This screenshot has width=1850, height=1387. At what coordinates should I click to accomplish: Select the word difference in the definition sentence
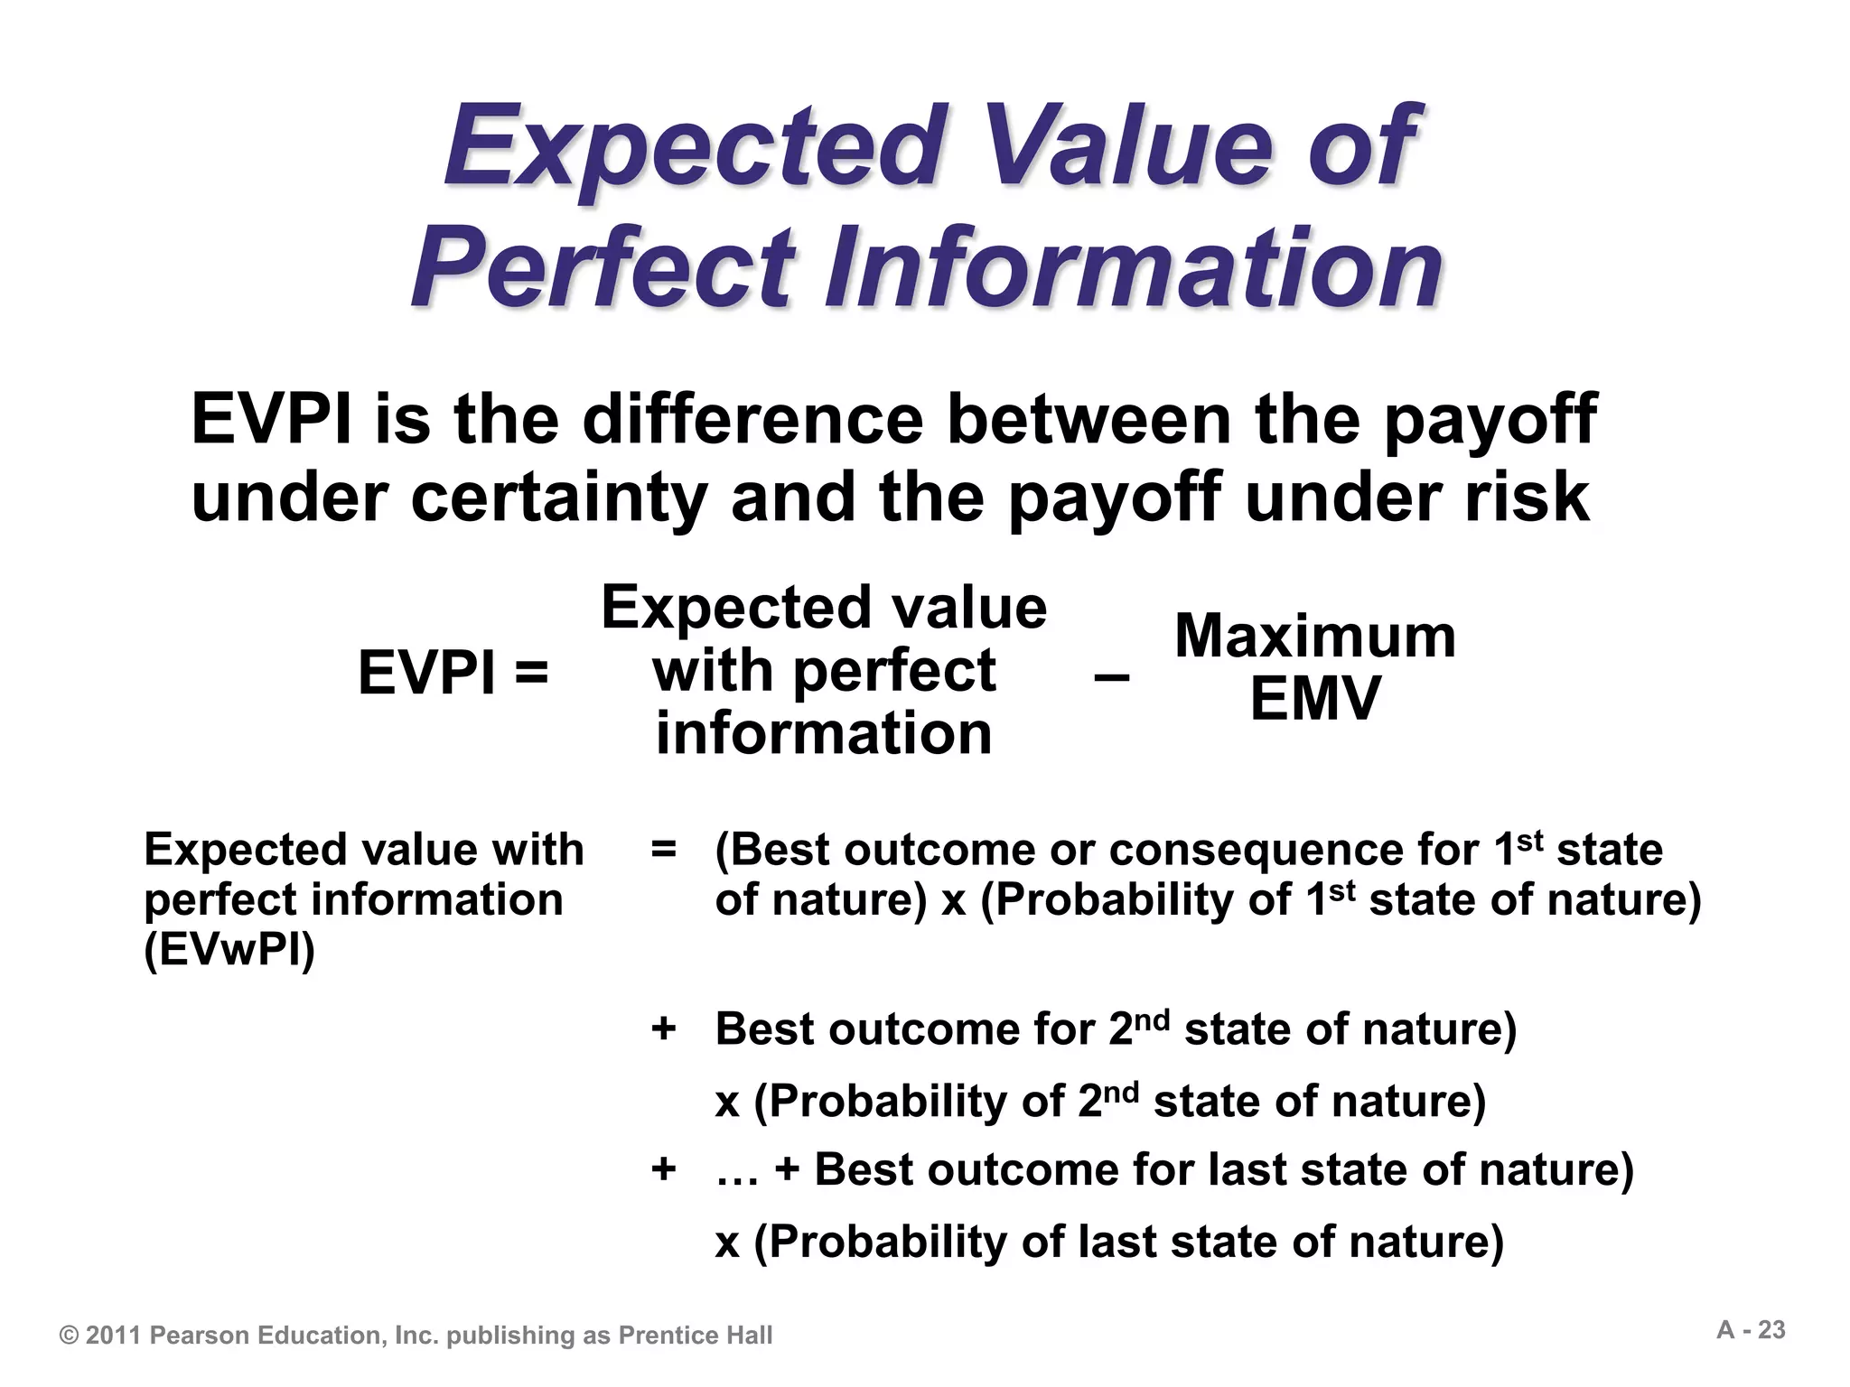(754, 421)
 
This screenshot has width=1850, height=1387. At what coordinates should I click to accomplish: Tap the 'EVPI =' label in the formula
(453, 674)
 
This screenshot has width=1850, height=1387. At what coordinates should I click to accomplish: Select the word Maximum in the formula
(1315, 637)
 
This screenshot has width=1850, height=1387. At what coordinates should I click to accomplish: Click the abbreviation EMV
(1315, 699)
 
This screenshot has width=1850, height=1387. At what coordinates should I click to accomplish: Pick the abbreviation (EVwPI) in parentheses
(229, 950)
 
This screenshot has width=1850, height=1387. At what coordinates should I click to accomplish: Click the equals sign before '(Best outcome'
(663, 849)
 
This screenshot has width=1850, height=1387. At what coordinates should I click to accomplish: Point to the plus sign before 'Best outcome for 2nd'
(663, 1029)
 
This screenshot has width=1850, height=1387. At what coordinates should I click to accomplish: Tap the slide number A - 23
(1751, 1330)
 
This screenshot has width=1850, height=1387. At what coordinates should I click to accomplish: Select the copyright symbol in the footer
(70, 1336)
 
